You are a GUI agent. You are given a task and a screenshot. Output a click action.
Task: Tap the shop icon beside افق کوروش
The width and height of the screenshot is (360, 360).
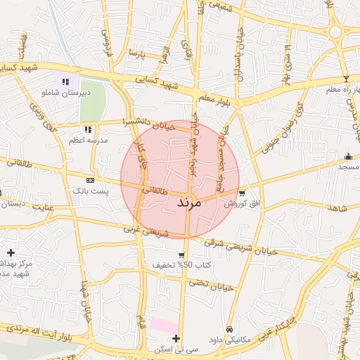point(243,193)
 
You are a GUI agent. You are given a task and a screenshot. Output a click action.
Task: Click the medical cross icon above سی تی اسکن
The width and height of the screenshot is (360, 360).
point(176,338)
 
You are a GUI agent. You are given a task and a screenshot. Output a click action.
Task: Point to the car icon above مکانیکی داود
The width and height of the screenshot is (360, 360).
point(229,329)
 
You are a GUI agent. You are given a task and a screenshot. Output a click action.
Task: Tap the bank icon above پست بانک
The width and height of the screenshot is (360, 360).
point(89,181)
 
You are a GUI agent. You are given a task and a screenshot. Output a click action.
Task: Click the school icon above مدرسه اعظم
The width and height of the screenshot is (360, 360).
point(88,129)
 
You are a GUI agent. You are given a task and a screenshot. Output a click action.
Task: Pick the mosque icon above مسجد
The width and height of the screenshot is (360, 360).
point(348,156)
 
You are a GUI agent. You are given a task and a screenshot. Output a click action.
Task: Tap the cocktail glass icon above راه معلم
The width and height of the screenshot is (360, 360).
point(345,79)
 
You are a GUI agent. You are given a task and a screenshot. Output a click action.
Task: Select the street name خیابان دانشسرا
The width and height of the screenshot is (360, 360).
point(148,125)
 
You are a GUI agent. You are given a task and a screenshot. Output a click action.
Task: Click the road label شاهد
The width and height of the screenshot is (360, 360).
point(338,209)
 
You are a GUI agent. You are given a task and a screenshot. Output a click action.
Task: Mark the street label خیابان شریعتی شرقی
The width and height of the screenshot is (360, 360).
point(241,247)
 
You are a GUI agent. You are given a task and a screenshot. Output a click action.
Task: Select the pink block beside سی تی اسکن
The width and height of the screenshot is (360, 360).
point(164,326)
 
